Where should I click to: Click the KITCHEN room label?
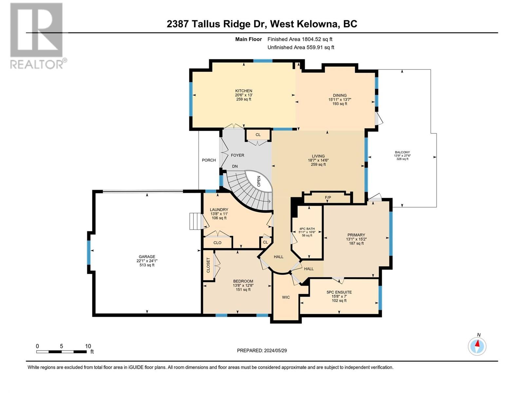click(244, 91)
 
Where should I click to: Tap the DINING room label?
click(340, 95)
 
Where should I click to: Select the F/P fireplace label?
click(328, 197)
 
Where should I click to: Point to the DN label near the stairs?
click(235, 166)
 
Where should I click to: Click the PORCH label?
click(209, 160)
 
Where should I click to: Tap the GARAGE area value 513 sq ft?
click(147, 265)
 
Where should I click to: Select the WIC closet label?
click(286, 297)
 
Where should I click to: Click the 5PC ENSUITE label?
click(339, 292)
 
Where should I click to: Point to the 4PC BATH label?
click(307, 229)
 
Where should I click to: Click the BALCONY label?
click(402, 152)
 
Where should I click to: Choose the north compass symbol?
click(477, 346)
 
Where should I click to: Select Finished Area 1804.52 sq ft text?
click(300, 39)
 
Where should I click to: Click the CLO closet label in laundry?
click(217, 243)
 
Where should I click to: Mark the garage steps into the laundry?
click(195, 221)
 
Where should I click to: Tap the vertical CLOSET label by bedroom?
click(208, 265)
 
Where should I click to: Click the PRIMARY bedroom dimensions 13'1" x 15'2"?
click(356, 239)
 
